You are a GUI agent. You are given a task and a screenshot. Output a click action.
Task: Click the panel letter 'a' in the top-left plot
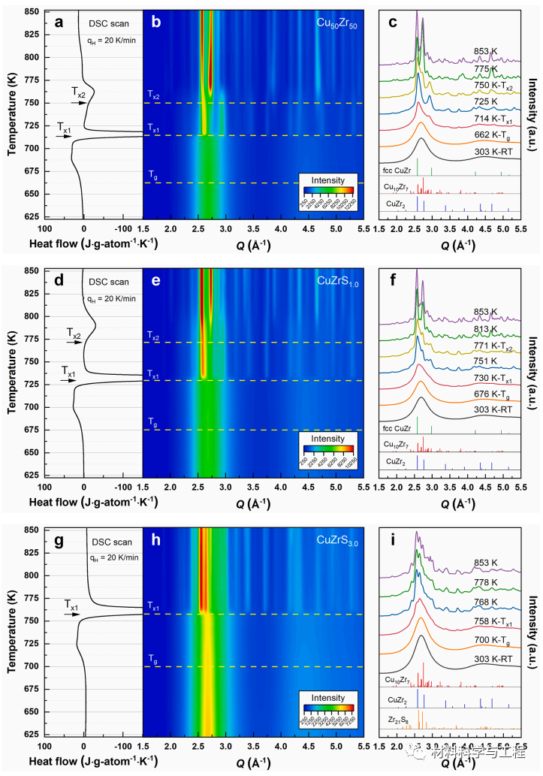[58, 22]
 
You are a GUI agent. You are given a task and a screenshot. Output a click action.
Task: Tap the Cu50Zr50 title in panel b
[336, 22]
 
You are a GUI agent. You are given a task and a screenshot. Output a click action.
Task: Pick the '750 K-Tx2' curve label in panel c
[496, 85]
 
